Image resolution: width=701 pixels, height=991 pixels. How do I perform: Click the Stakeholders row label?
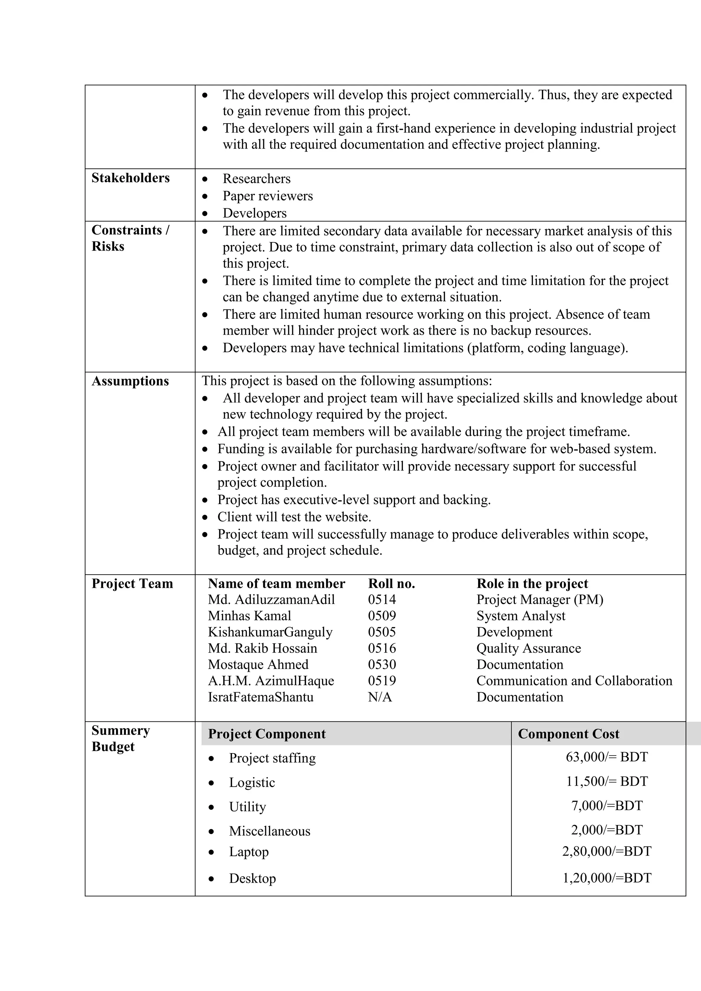tap(130, 178)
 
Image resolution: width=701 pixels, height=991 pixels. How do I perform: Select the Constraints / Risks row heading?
tap(130, 238)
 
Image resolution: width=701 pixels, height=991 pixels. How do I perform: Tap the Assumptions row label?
tap(130, 381)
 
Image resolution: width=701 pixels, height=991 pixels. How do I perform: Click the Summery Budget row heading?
tap(120, 738)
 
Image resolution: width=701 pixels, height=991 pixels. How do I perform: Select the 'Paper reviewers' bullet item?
tap(268, 196)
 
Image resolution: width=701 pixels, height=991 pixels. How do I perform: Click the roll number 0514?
tap(382, 600)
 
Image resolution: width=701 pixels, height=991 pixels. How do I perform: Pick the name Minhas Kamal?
tap(250, 616)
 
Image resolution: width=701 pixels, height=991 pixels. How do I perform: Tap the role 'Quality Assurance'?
tap(528, 648)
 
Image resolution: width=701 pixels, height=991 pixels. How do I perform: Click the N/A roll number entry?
tap(380, 697)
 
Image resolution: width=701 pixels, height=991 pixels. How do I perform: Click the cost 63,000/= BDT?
tap(607, 757)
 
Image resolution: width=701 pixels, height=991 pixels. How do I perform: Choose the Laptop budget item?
tap(248, 852)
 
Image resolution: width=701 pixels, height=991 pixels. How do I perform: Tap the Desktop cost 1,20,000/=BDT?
tap(607, 878)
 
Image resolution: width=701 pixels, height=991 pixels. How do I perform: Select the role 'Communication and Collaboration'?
tap(574, 681)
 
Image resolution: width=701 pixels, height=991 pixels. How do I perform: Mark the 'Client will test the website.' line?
tap(294, 517)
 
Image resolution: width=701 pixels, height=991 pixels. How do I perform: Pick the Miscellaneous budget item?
tap(269, 831)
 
